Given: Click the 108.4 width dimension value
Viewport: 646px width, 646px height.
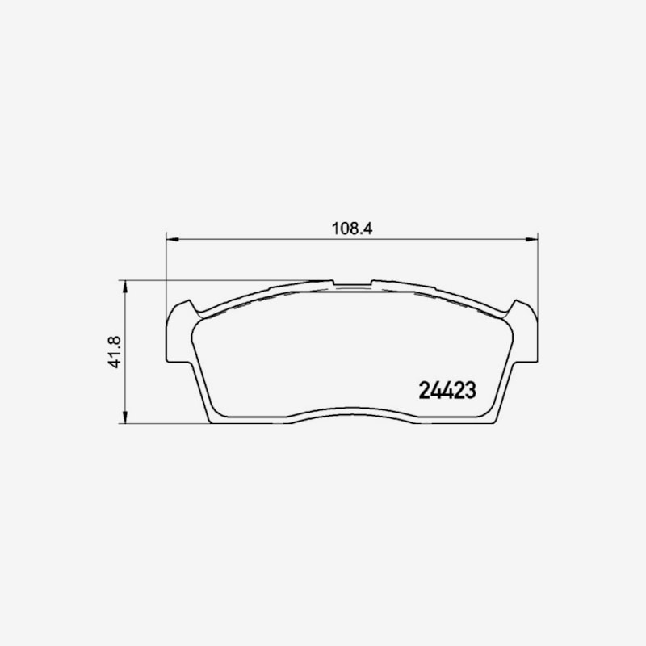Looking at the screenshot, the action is click(x=352, y=229).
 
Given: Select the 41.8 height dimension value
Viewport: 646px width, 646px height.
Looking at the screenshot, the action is click(x=114, y=352).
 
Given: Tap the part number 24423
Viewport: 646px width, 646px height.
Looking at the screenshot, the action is click(x=447, y=390).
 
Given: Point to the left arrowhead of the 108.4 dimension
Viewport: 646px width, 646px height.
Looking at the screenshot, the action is click(x=173, y=239).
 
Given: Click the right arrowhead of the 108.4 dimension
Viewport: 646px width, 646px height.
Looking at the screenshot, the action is click(x=531, y=239).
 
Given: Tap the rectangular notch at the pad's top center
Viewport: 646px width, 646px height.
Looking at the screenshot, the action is click(x=352, y=283).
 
